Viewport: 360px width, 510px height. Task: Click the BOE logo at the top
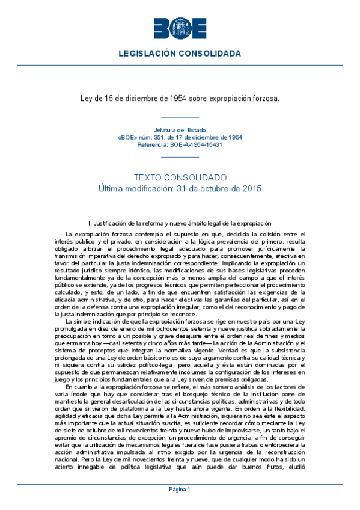180,29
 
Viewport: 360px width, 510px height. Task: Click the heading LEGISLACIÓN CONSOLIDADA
180,54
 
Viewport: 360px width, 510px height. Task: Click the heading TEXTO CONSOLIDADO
180,177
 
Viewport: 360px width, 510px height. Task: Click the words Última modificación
133,188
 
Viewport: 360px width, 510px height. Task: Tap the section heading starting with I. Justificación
180,223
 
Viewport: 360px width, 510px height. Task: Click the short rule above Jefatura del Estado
180,118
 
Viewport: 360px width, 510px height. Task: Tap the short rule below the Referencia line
180,156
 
